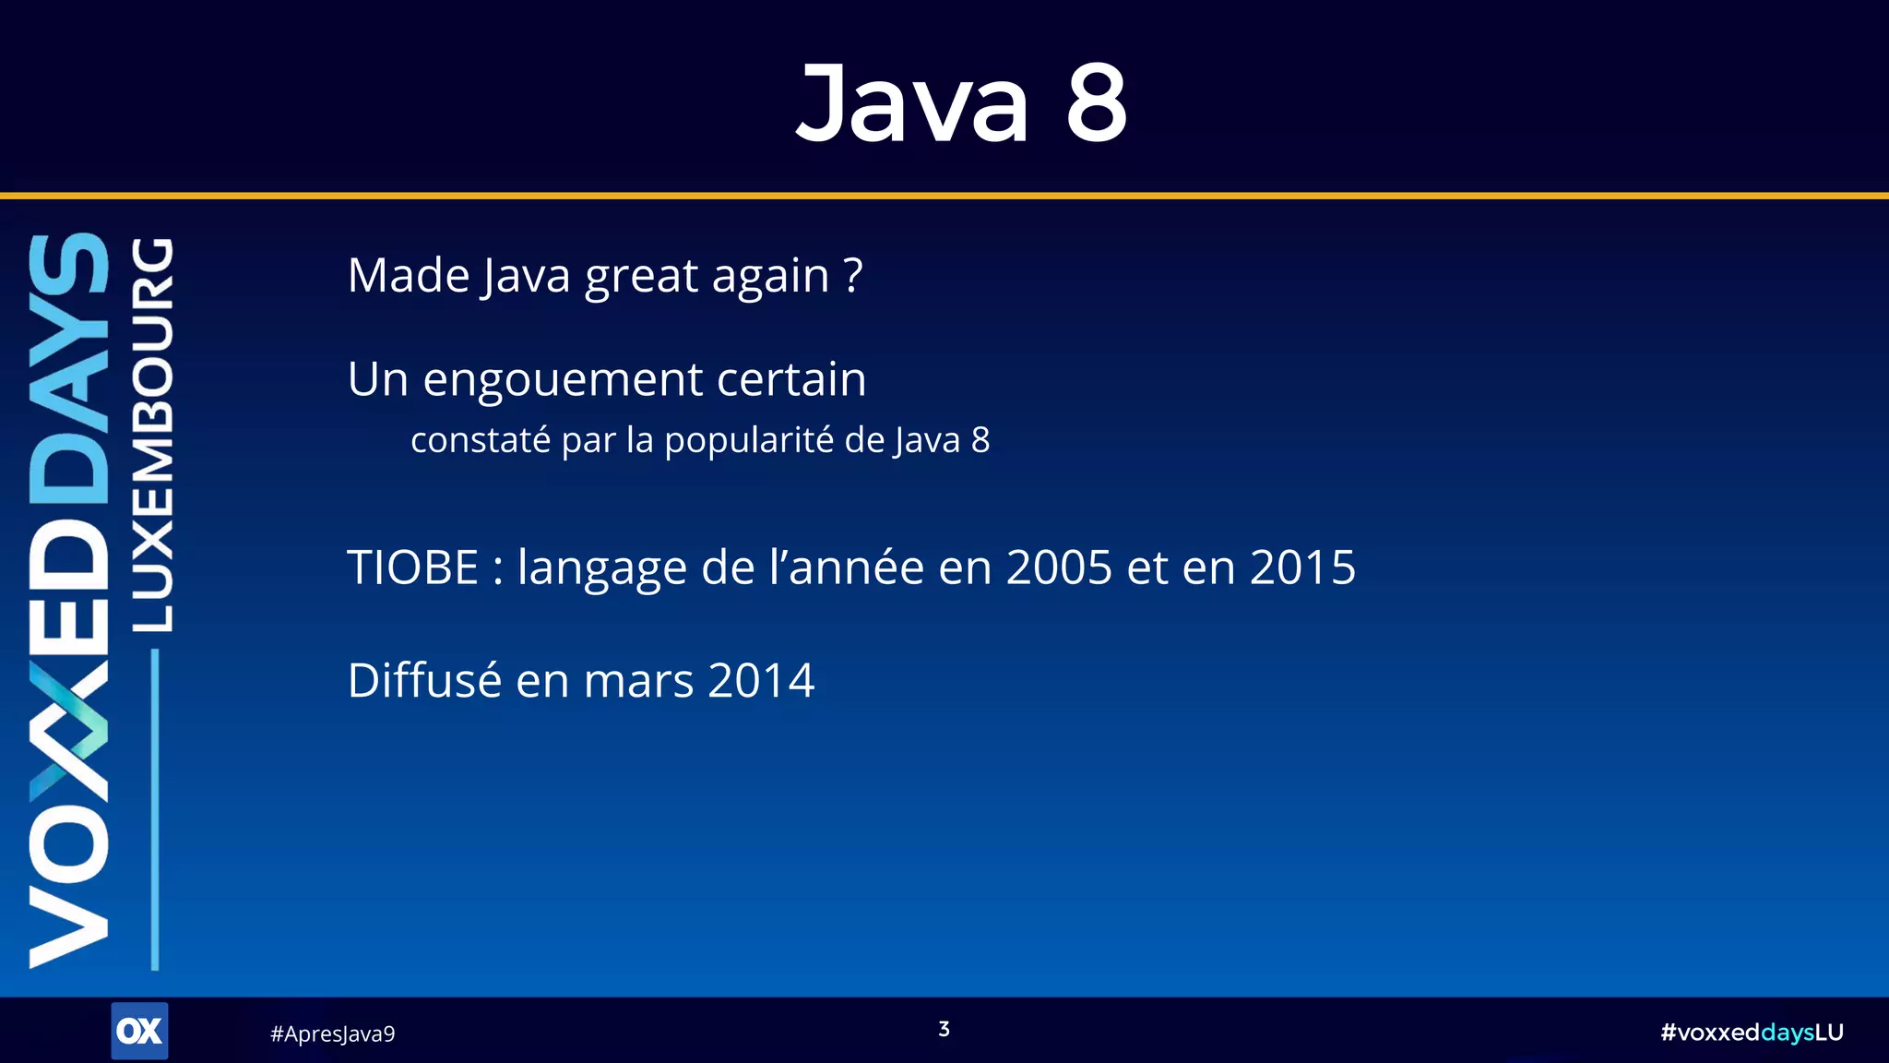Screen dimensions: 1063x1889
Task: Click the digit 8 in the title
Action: click(1096, 102)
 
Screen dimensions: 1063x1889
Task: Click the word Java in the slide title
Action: click(911, 102)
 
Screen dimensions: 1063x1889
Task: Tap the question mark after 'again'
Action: click(853, 274)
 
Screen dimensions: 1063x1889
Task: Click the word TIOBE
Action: click(412, 567)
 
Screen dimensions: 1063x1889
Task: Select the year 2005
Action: click(1059, 567)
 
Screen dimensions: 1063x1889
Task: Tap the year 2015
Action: click(1302, 567)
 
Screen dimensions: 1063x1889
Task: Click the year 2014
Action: click(761, 681)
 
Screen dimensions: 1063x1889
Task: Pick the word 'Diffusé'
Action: click(423, 681)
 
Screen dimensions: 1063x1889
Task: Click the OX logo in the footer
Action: click(139, 1031)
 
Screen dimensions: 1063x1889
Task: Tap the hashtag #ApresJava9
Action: click(332, 1033)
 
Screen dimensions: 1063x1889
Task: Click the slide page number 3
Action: click(944, 1029)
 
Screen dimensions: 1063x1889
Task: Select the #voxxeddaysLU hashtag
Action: click(1751, 1032)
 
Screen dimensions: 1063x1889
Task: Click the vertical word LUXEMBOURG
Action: click(152, 434)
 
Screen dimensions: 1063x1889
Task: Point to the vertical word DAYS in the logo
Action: click(69, 369)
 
